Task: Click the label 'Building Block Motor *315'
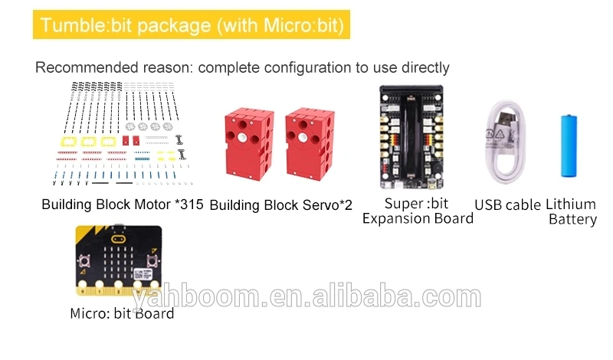coord(123,205)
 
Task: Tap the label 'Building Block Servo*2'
coord(280,205)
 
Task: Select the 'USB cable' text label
coord(507,205)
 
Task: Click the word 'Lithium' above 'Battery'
coord(570,205)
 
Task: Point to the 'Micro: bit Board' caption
coord(122,313)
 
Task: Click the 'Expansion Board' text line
coord(418,218)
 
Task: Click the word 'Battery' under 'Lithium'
coord(572,220)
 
